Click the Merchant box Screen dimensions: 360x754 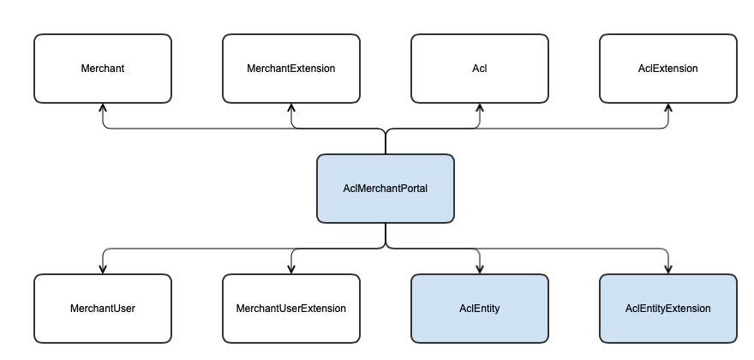103,69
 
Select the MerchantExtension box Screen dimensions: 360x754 291,69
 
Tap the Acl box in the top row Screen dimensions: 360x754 480,69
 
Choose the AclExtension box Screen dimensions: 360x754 668,69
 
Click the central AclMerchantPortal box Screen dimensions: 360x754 386,189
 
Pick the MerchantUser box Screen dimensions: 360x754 103,309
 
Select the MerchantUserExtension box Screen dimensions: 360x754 291,309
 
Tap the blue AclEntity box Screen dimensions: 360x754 480,309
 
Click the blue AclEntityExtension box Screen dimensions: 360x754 668,309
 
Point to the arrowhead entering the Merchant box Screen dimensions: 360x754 103,108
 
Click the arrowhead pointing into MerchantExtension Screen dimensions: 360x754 291,108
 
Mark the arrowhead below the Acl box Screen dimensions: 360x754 480,108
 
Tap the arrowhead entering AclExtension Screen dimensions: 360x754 668,108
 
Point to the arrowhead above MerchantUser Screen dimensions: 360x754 103,269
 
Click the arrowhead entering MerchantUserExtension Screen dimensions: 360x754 291,269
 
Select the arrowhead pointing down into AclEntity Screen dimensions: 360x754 480,269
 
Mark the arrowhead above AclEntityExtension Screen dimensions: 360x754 668,269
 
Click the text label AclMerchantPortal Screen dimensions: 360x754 386,189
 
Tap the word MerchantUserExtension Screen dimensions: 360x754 291,309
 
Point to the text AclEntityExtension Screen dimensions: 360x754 668,309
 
